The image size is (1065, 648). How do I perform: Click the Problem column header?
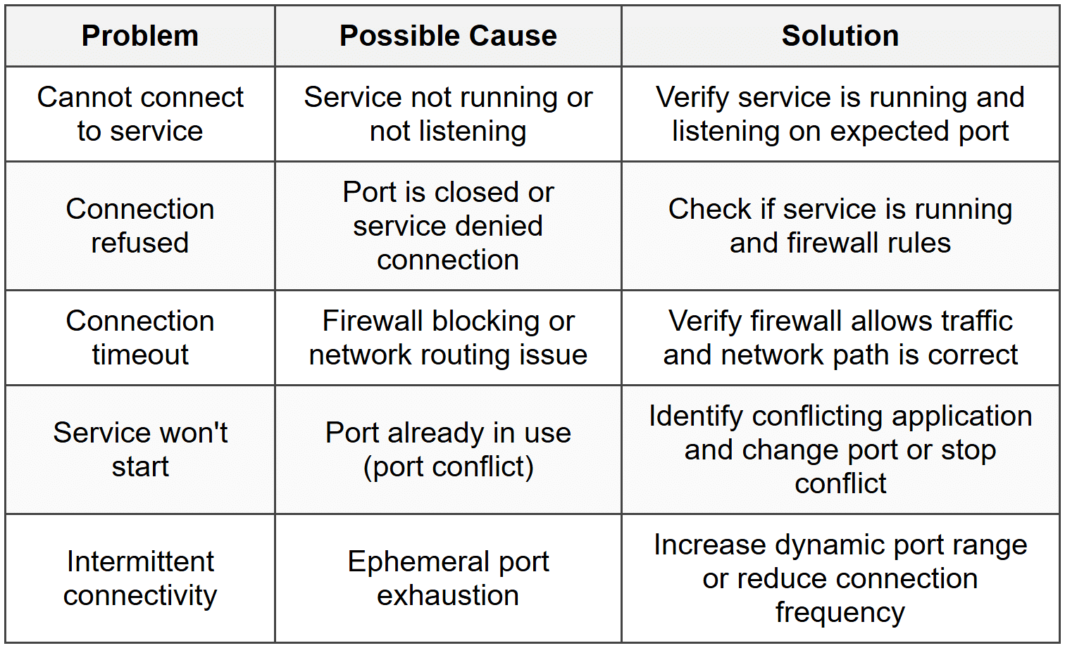click(139, 36)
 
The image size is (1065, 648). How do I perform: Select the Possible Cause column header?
click(448, 36)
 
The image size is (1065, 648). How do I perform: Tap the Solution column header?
click(840, 36)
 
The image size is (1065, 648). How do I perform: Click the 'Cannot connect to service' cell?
click(139, 114)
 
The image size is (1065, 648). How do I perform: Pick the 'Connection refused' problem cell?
click(139, 226)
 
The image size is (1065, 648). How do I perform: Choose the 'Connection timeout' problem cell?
click(139, 337)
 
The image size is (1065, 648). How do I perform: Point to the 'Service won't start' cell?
click(139, 450)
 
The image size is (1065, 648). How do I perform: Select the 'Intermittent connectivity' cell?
click(139, 578)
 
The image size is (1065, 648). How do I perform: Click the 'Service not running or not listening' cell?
click(448, 114)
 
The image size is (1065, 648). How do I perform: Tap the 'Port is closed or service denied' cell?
click(448, 226)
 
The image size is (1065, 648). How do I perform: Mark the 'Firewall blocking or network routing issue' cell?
click(448, 337)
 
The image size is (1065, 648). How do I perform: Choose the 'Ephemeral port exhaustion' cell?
click(448, 578)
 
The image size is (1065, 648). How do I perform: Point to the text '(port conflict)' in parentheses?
click(448, 466)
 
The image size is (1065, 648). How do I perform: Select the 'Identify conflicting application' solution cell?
click(840, 450)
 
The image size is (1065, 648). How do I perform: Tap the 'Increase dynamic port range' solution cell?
click(840, 578)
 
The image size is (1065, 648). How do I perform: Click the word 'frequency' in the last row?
click(840, 612)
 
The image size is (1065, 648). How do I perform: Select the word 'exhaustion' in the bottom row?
click(448, 595)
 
